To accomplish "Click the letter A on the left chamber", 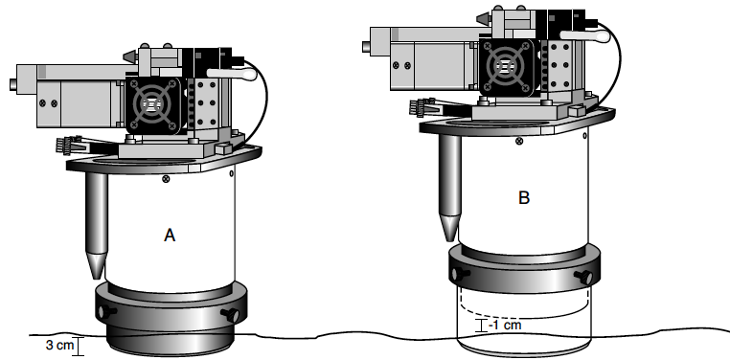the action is [x=170, y=236].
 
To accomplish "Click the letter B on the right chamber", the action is [x=524, y=197].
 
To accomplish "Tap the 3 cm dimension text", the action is [x=59, y=345].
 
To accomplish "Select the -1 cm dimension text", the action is [x=505, y=325].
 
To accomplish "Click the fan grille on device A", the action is [x=151, y=105].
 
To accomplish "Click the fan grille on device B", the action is [x=505, y=66].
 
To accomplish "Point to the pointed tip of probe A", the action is [x=97, y=279].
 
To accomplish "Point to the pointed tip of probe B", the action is [x=449, y=240].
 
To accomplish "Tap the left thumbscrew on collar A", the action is [x=106, y=311].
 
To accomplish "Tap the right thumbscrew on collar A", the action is [x=232, y=315].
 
